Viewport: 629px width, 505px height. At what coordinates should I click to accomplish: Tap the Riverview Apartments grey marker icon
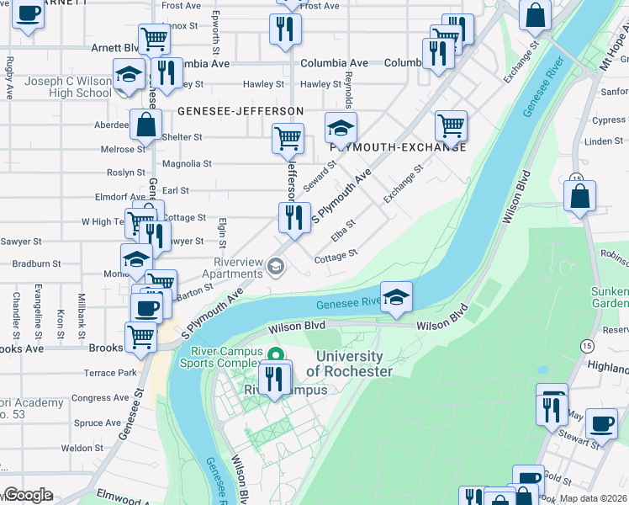tap(274, 268)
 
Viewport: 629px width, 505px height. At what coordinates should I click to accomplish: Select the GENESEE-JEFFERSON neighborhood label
tap(240, 111)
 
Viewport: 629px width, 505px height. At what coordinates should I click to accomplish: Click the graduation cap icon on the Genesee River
tap(396, 297)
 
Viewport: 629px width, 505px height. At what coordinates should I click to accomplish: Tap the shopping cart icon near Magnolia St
tap(288, 137)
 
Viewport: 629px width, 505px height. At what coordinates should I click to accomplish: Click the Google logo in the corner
tap(27, 495)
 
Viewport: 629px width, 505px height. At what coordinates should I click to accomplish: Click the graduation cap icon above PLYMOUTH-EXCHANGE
tap(341, 128)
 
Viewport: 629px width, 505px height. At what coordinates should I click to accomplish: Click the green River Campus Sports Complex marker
tap(276, 353)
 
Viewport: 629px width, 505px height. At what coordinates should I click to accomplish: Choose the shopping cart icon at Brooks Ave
tap(140, 337)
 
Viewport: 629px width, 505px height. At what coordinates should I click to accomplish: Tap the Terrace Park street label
tap(110, 373)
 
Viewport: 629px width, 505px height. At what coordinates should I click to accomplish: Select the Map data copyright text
tap(592, 498)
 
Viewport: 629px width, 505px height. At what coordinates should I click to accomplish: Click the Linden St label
tap(603, 141)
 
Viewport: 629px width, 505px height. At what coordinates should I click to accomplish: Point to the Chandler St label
tap(16, 311)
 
